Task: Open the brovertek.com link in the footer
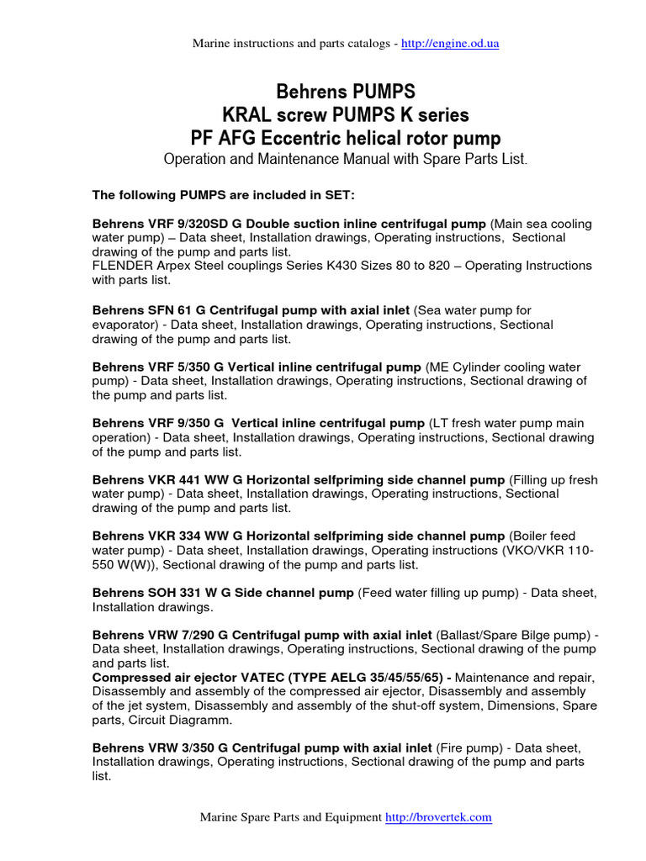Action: (438, 816)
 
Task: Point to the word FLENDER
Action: (120, 266)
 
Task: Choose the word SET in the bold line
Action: (339, 196)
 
